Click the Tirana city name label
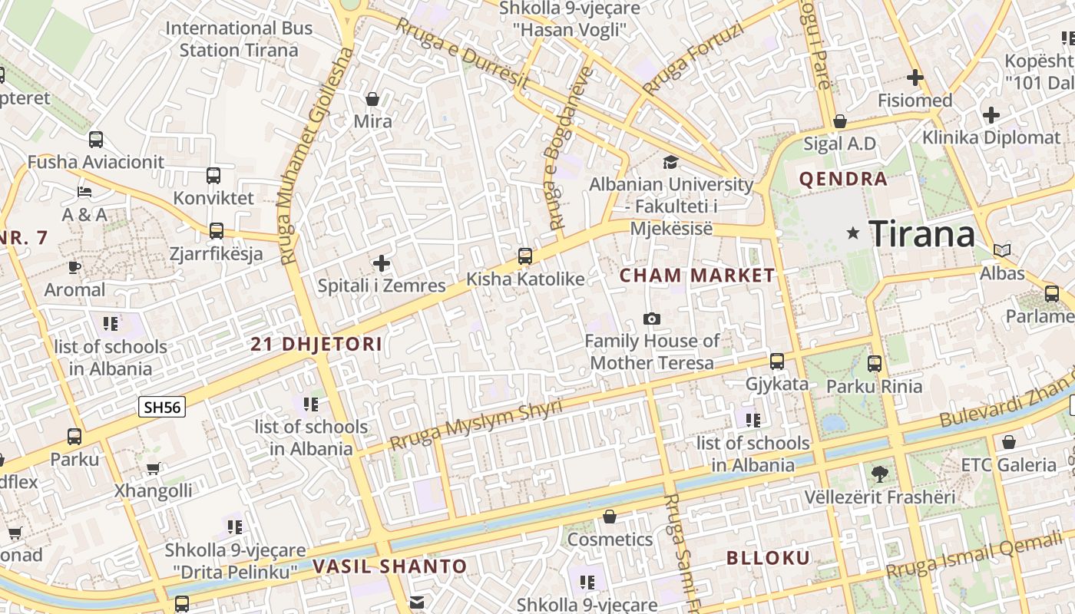pyautogui.click(x=921, y=233)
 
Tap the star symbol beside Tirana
pyautogui.click(x=852, y=233)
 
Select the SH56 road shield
pyautogui.click(x=162, y=407)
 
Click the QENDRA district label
pyautogui.click(x=843, y=180)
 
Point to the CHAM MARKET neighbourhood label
pyautogui.click(x=697, y=276)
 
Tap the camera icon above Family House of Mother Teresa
pyautogui.click(x=652, y=319)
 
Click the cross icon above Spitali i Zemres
pyautogui.click(x=382, y=264)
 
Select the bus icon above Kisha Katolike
pyautogui.click(x=525, y=256)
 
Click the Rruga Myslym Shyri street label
pyautogui.click(x=476, y=424)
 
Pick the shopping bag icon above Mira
pyautogui.click(x=372, y=99)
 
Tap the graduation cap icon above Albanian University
pyautogui.click(x=670, y=162)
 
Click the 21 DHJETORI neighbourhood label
pyautogui.click(x=316, y=345)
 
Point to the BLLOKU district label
pyautogui.click(x=768, y=558)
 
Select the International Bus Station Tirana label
pyautogui.click(x=239, y=39)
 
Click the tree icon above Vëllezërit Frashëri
pyautogui.click(x=880, y=474)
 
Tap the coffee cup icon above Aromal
pyautogui.click(x=74, y=267)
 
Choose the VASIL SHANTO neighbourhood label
pyautogui.click(x=389, y=567)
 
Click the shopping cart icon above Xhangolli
pyautogui.click(x=153, y=468)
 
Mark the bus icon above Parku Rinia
pyautogui.click(x=875, y=364)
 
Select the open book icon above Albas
pyautogui.click(x=1002, y=250)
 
